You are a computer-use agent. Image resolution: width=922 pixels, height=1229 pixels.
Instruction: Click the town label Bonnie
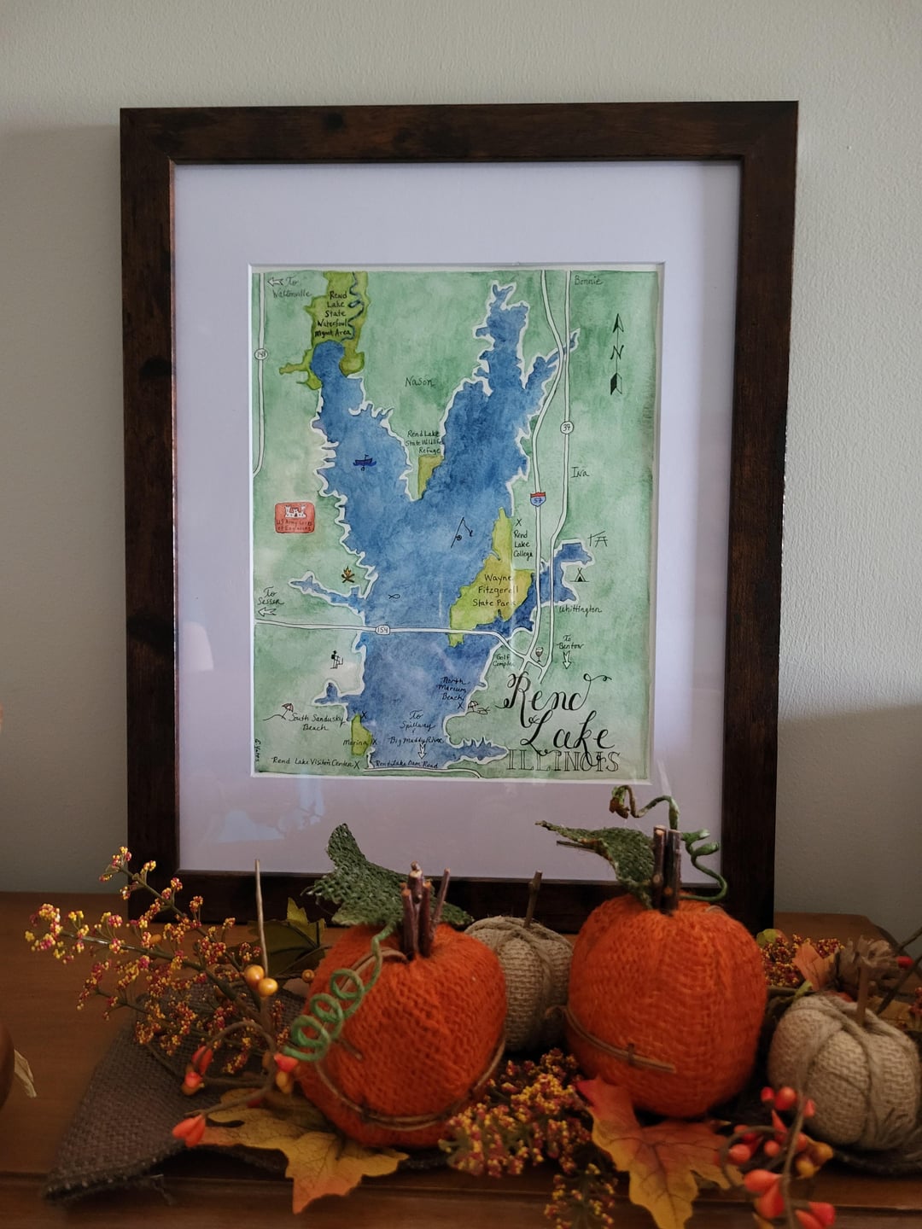tap(587, 281)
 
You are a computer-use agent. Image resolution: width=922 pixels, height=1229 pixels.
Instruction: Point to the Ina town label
tap(580, 472)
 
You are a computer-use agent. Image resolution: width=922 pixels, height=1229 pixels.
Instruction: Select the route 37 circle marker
tap(565, 427)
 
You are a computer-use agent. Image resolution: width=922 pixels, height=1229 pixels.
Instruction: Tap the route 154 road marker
tap(382, 630)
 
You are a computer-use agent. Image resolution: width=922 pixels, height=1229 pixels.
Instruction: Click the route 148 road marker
tap(259, 353)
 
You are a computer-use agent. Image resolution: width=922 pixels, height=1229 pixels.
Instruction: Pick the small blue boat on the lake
tap(365, 463)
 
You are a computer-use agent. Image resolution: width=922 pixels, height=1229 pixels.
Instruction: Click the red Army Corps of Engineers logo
tap(295, 517)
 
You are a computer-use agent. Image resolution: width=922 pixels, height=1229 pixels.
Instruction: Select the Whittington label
tap(581, 609)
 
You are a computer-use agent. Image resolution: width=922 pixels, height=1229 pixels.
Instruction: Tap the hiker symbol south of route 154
tap(336, 659)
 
